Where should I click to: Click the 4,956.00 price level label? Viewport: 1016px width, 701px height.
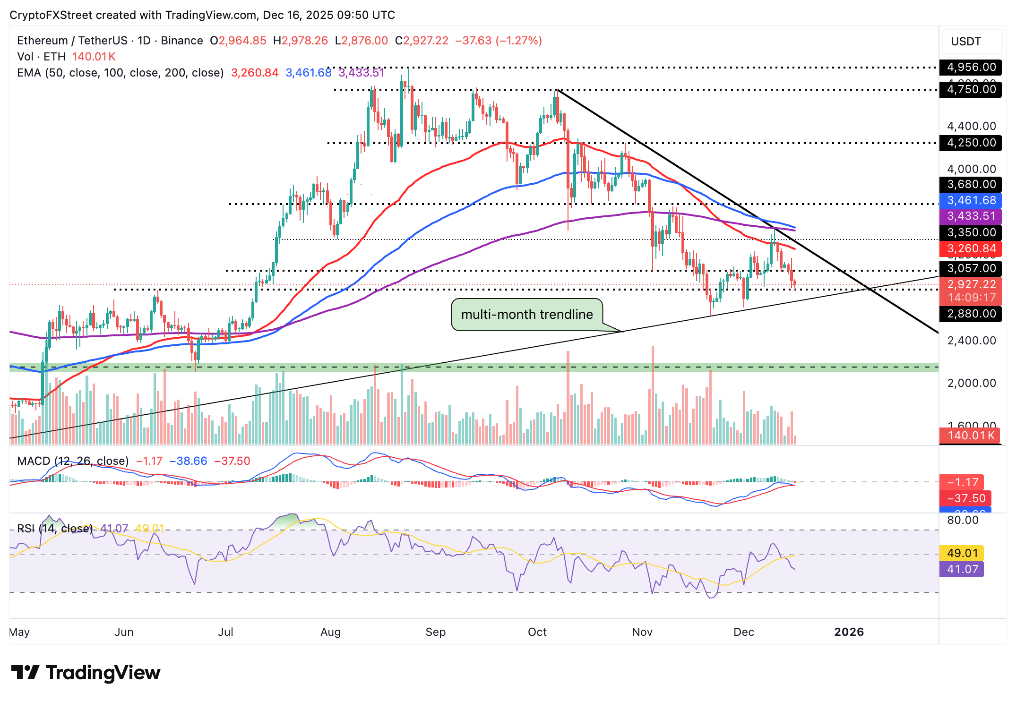coord(971,67)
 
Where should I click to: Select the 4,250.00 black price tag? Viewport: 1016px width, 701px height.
coord(971,143)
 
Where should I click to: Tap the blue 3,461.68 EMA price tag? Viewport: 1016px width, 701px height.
coord(971,200)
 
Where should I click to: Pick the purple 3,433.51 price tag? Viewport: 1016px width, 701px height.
coord(971,216)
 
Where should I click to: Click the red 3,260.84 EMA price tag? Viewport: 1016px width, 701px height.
coord(971,248)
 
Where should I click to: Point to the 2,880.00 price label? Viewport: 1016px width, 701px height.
coord(971,314)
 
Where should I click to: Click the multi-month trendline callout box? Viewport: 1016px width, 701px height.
coord(527,315)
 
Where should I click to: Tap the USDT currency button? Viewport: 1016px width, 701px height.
coord(966,42)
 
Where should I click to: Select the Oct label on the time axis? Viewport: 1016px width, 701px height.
coord(537,632)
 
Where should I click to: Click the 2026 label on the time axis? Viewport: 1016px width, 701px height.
coord(849,632)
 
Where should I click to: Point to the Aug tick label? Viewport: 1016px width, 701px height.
coord(330,632)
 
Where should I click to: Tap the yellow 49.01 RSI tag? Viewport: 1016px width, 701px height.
coord(962,553)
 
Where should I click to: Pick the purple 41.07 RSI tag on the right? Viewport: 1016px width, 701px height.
coord(962,569)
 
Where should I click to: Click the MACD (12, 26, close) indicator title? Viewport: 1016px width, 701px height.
coord(73,461)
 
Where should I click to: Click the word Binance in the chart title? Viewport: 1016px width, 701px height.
coord(182,41)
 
